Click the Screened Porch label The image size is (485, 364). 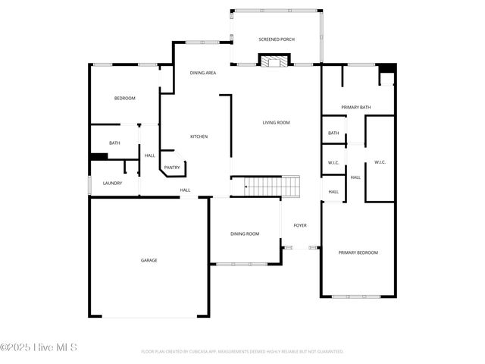click(x=277, y=39)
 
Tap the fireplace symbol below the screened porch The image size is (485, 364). click(x=274, y=61)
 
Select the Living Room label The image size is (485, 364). click(x=276, y=122)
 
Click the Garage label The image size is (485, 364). click(x=149, y=260)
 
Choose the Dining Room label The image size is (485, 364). click(x=245, y=234)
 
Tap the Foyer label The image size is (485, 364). click(x=300, y=225)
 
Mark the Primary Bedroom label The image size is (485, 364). click(x=358, y=253)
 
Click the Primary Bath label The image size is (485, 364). click(x=355, y=108)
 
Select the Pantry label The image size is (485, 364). click(x=172, y=168)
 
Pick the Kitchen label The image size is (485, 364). click(x=199, y=136)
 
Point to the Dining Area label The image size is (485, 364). click(x=203, y=73)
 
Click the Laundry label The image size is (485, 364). click(x=113, y=183)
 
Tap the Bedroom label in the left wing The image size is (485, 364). click(x=124, y=99)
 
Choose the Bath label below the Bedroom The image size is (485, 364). click(x=114, y=143)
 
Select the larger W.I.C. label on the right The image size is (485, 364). click(x=380, y=162)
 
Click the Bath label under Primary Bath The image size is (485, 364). click(x=333, y=133)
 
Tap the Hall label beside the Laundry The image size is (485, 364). click(x=150, y=155)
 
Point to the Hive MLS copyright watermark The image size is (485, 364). click(x=39, y=348)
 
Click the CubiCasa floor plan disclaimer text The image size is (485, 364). click(x=242, y=352)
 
